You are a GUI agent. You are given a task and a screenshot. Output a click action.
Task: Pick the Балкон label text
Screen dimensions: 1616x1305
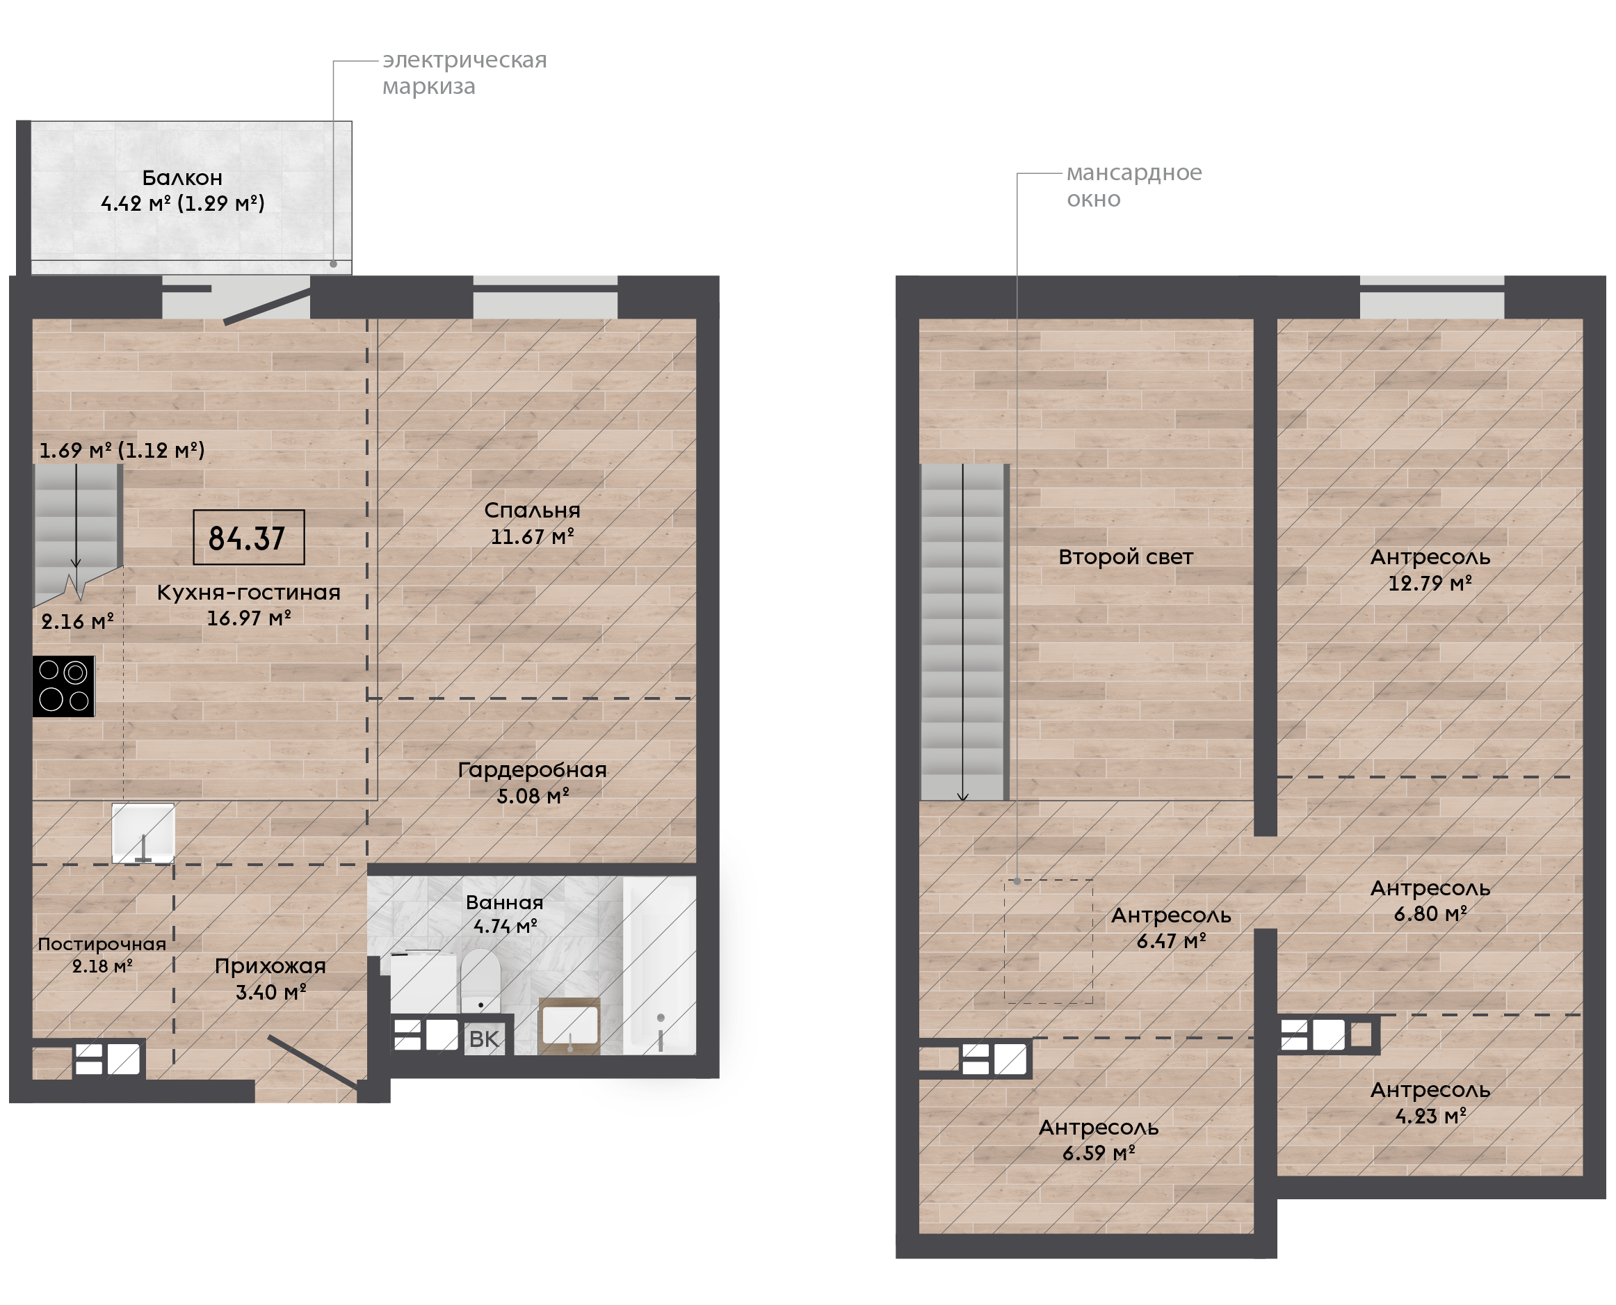[x=184, y=179]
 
